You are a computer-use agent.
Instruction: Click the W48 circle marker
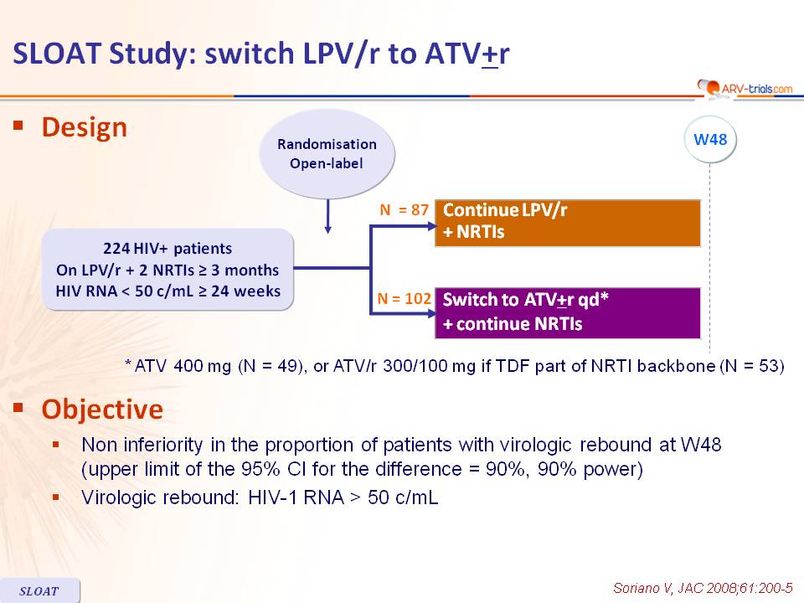pos(710,139)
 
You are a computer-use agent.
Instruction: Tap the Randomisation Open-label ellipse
pos(327,153)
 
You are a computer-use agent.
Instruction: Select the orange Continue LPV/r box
pos(568,223)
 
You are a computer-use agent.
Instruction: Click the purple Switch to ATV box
pos(568,312)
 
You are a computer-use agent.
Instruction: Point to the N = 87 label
pos(404,209)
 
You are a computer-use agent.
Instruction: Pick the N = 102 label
pos(404,298)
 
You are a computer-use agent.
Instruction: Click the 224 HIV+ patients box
pos(167,270)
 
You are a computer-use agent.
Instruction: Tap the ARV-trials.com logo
pos(745,88)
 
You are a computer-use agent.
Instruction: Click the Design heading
pos(84,127)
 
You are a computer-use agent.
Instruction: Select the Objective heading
pos(102,410)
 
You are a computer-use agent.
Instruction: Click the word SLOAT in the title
pos(56,54)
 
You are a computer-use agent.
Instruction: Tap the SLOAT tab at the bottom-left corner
pos(39,590)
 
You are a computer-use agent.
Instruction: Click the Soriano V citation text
pos(703,588)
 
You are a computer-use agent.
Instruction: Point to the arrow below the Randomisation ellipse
pos(327,216)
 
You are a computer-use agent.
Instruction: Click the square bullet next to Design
pos(18,125)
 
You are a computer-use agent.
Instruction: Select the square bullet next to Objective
pos(18,408)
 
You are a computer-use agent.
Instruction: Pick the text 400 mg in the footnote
pos(203,366)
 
